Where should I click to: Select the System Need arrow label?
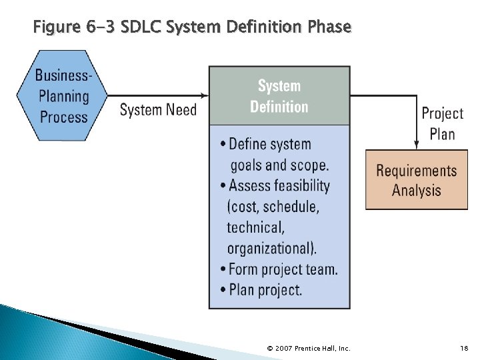pos(158,110)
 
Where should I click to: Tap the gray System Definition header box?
pos(279,96)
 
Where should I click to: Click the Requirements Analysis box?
pos(416,180)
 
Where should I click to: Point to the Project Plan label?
pos(442,123)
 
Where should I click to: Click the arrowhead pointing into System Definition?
pos(204,95)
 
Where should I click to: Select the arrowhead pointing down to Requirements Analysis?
pos(417,144)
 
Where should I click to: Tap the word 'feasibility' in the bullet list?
pos(297,185)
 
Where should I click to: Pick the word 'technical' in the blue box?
pos(255,227)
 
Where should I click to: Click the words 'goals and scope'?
pos(279,165)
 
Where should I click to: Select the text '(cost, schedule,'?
pos(273,207)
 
